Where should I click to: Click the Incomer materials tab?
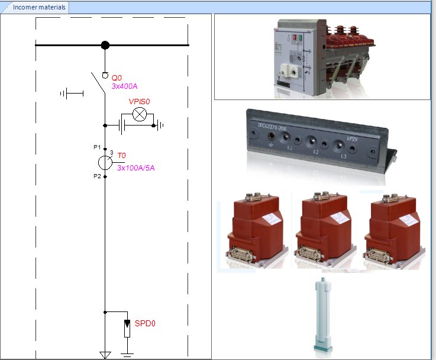pos(35,8)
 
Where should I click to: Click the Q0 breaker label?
pos(117,78)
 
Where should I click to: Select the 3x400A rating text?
pos(124,86)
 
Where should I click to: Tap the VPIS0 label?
pos(140,102)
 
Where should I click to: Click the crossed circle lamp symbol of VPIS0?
pos(140,114)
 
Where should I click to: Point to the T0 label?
pos(121,155)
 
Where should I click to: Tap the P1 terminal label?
pos(97,146)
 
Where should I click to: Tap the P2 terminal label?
pos(97,176)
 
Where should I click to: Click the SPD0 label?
pos(145,323)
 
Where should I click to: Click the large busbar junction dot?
pos(105,45)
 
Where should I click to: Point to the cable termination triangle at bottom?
pos(105,355)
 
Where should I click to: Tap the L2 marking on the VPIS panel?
pos(316,152)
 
